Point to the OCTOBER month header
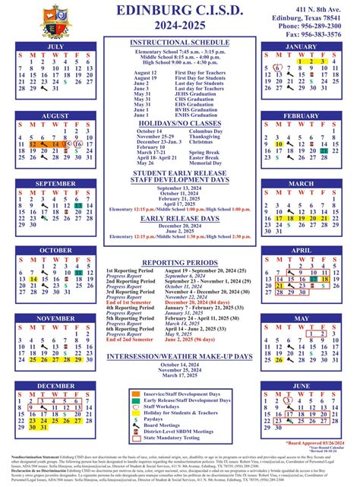[x=55, y=250]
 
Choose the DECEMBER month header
[x=55, y=386]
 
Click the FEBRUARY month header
[x=301, y=116]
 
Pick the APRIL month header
[x=301, y=250]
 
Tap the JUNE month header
[x=301, y=386]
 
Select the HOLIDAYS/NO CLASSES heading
[x=179, y=123]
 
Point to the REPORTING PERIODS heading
[x=179, y=261]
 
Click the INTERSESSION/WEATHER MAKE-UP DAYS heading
[x=179, y=356]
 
